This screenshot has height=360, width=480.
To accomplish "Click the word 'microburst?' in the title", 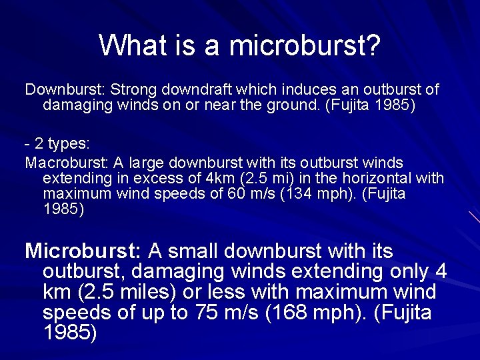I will [305, 45].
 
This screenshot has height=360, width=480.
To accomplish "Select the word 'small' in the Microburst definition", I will [189, 251].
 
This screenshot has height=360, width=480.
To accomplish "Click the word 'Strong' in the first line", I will [133, 89].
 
